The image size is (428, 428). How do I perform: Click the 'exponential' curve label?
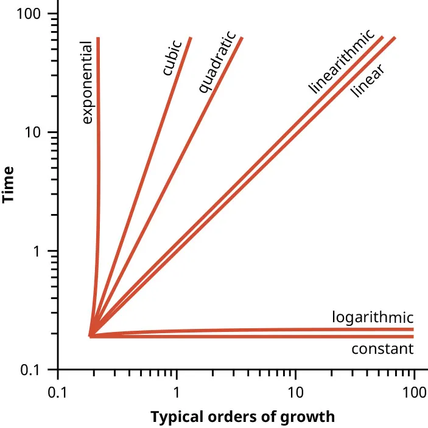87,83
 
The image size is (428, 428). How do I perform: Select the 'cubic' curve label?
172,58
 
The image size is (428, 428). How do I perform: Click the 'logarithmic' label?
373,317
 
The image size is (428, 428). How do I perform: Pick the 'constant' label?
382,349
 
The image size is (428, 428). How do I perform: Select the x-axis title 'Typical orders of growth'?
242,417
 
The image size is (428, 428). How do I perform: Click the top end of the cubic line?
191,38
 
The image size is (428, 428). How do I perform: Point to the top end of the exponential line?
98,38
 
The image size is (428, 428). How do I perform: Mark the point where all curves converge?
91,335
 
